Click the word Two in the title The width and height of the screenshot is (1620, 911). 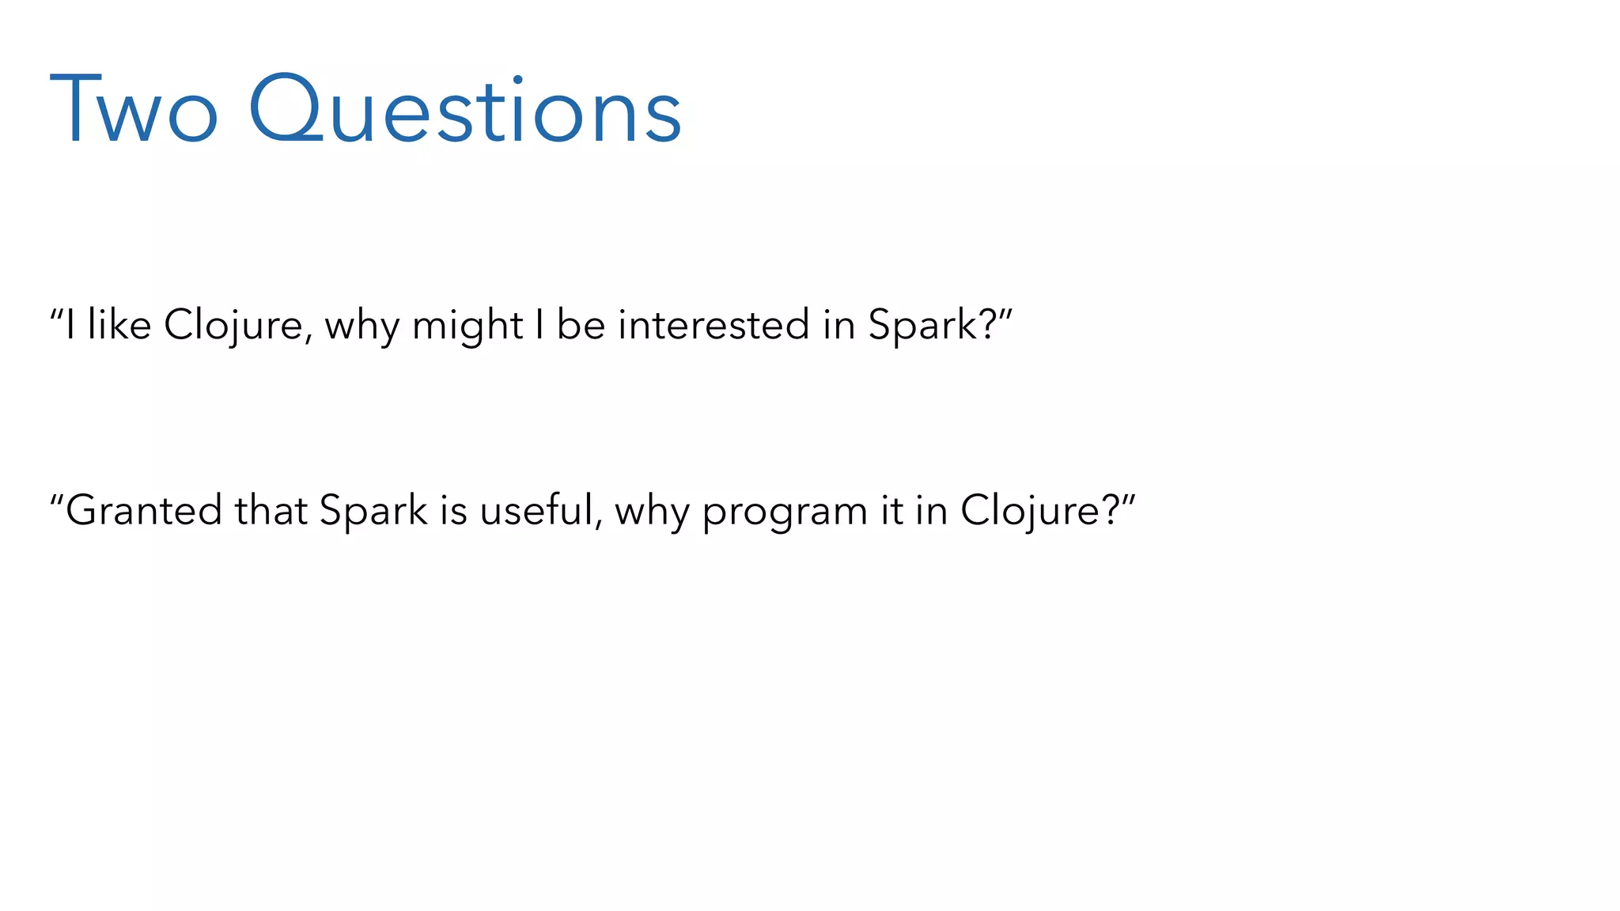point(133,111)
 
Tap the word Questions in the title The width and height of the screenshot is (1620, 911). point(465,111)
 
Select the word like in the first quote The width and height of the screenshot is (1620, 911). point(119,325)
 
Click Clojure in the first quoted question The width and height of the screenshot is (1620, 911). point(233,325)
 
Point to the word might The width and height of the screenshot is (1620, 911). point(467,325)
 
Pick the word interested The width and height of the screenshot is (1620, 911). point(713,325)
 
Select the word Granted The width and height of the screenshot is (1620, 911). point(143,510)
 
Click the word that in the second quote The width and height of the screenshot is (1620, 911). point(271,510)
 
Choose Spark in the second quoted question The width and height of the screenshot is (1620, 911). point(373,510)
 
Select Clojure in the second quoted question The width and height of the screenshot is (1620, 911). point(1029,510)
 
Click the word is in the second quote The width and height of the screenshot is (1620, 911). point(454,510)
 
